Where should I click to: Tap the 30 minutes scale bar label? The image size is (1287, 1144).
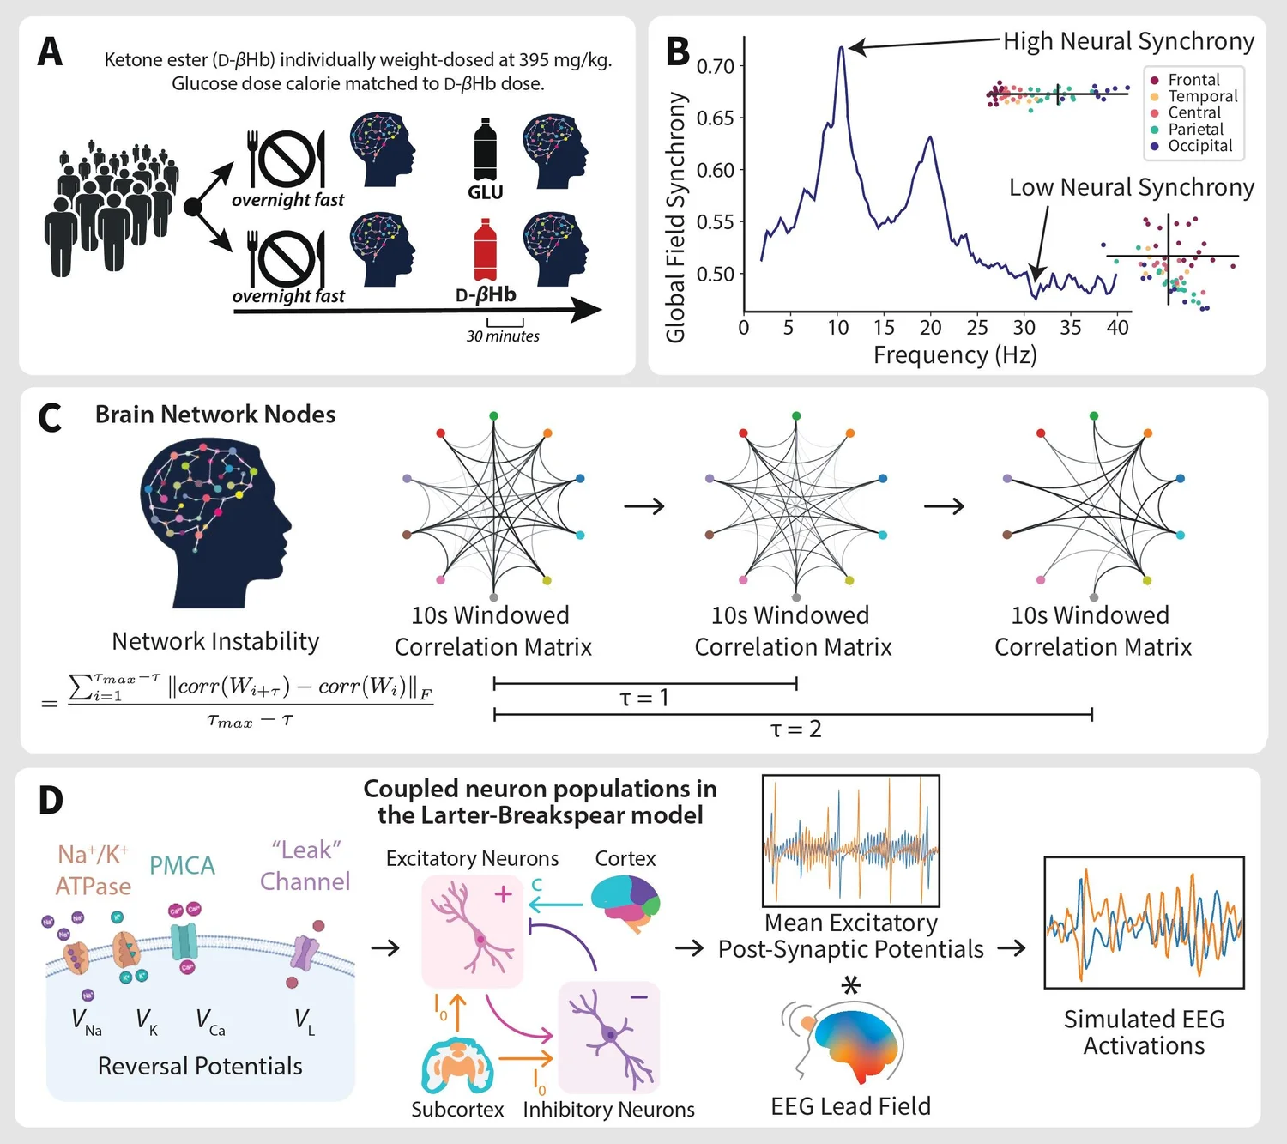503,336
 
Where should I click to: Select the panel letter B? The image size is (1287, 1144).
678,51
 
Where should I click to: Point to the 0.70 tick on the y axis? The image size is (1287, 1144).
715,66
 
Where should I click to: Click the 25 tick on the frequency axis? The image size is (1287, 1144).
977,328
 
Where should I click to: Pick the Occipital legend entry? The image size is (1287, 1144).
1199,146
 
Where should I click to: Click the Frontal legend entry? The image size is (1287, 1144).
1193,80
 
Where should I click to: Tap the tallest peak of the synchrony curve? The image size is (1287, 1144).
842,48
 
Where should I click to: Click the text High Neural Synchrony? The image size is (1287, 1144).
1128,41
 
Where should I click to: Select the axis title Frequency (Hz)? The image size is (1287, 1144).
955,355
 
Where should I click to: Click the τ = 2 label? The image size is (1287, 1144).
795,729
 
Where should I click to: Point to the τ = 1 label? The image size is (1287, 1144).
643,699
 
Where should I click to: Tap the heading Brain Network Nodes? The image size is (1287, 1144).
215,415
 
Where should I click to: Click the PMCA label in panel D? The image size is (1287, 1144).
182,866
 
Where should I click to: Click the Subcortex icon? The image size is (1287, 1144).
457,1065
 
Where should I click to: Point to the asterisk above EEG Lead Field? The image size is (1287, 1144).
850,985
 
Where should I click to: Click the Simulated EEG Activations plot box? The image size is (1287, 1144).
1144,923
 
